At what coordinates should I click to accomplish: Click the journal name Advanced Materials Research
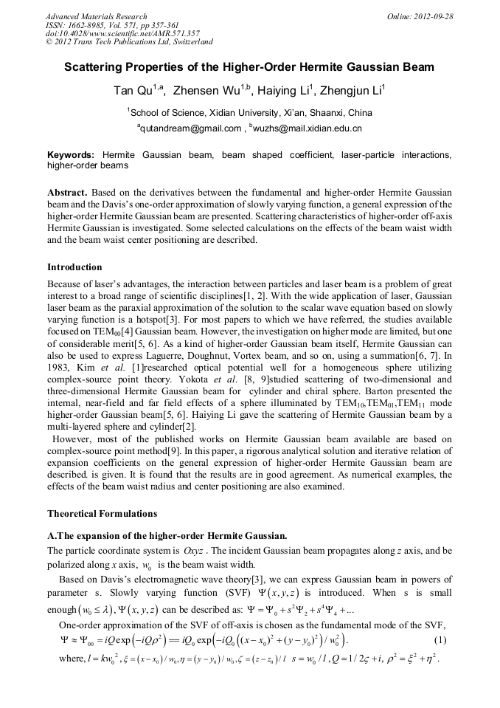coord(96,16)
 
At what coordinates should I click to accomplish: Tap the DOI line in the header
coord(122,33)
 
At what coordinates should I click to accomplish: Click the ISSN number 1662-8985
coord(85,25)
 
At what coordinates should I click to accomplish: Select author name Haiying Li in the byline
coord(282,92)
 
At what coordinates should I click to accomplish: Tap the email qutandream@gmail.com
coord(191,128)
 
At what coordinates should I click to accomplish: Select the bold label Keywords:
coord(71,155)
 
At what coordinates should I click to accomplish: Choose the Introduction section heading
coord(74,267)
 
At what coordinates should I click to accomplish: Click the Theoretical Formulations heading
coord(102,513)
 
